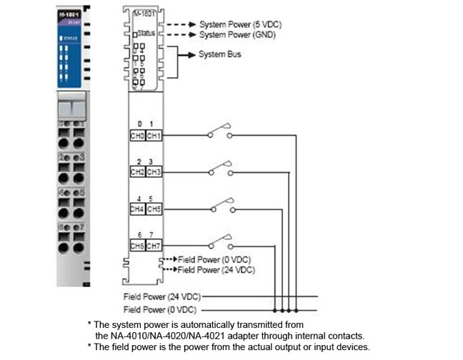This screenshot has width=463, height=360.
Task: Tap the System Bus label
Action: tap(219, 54)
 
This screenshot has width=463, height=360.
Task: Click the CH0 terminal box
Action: tap(138, 136)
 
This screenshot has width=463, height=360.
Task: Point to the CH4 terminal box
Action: tap(138, 209)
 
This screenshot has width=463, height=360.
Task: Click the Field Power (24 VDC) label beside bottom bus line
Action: tap(162, 296)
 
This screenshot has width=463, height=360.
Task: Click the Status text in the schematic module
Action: tap(146, 34)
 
